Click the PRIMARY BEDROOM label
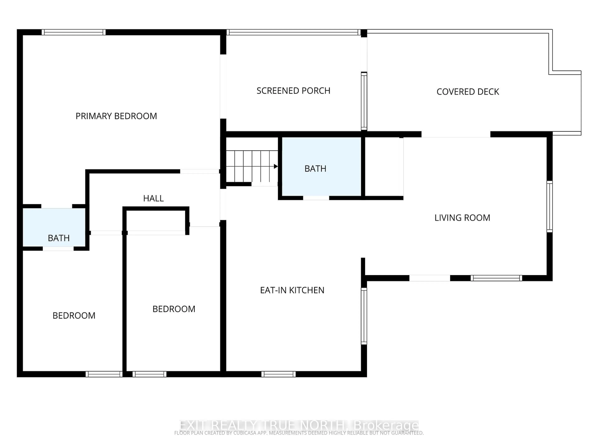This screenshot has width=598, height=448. (116, 116)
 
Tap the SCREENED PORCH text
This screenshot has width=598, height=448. (293, 91)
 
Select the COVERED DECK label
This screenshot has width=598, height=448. (468, 92)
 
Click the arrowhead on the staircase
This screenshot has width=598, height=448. (275, 166)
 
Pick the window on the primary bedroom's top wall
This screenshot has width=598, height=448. (74, 32)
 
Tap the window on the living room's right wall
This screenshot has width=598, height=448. (549, 207)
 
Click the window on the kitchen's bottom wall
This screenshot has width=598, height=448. (278, 374)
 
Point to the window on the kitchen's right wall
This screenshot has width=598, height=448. (364, 316)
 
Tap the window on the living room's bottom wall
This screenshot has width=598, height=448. (496, 278)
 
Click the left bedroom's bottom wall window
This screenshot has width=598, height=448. (104, 374)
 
